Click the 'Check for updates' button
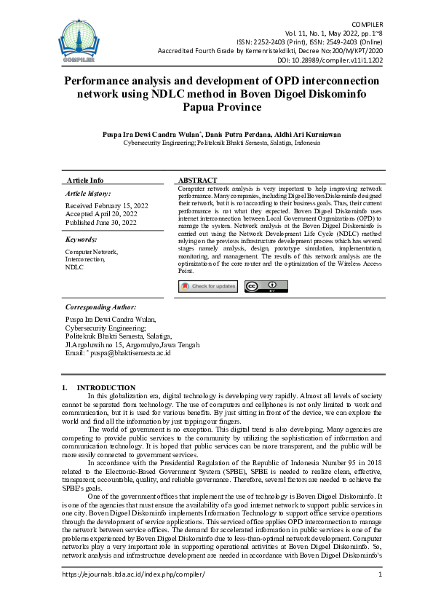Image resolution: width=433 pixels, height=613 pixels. [x=208, y=286]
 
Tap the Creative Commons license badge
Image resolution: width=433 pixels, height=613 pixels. [x=261, y=286]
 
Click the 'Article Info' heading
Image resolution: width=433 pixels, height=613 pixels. [x=85, y=181]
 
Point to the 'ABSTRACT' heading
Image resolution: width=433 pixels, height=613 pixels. [x=197, y=181]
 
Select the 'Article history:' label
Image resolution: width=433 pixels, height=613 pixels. [x=89, y=194]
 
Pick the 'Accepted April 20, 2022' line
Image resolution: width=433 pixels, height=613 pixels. [x=101, y=215]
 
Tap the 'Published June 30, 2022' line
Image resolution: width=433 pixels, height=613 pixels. [x=102, y=223]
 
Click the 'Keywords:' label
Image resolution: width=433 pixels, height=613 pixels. [x=81, y=239]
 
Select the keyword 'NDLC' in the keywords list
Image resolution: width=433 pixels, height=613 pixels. [x=74, y=268]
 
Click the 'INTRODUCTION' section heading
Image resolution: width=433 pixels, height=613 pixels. [x=106, y=387]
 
